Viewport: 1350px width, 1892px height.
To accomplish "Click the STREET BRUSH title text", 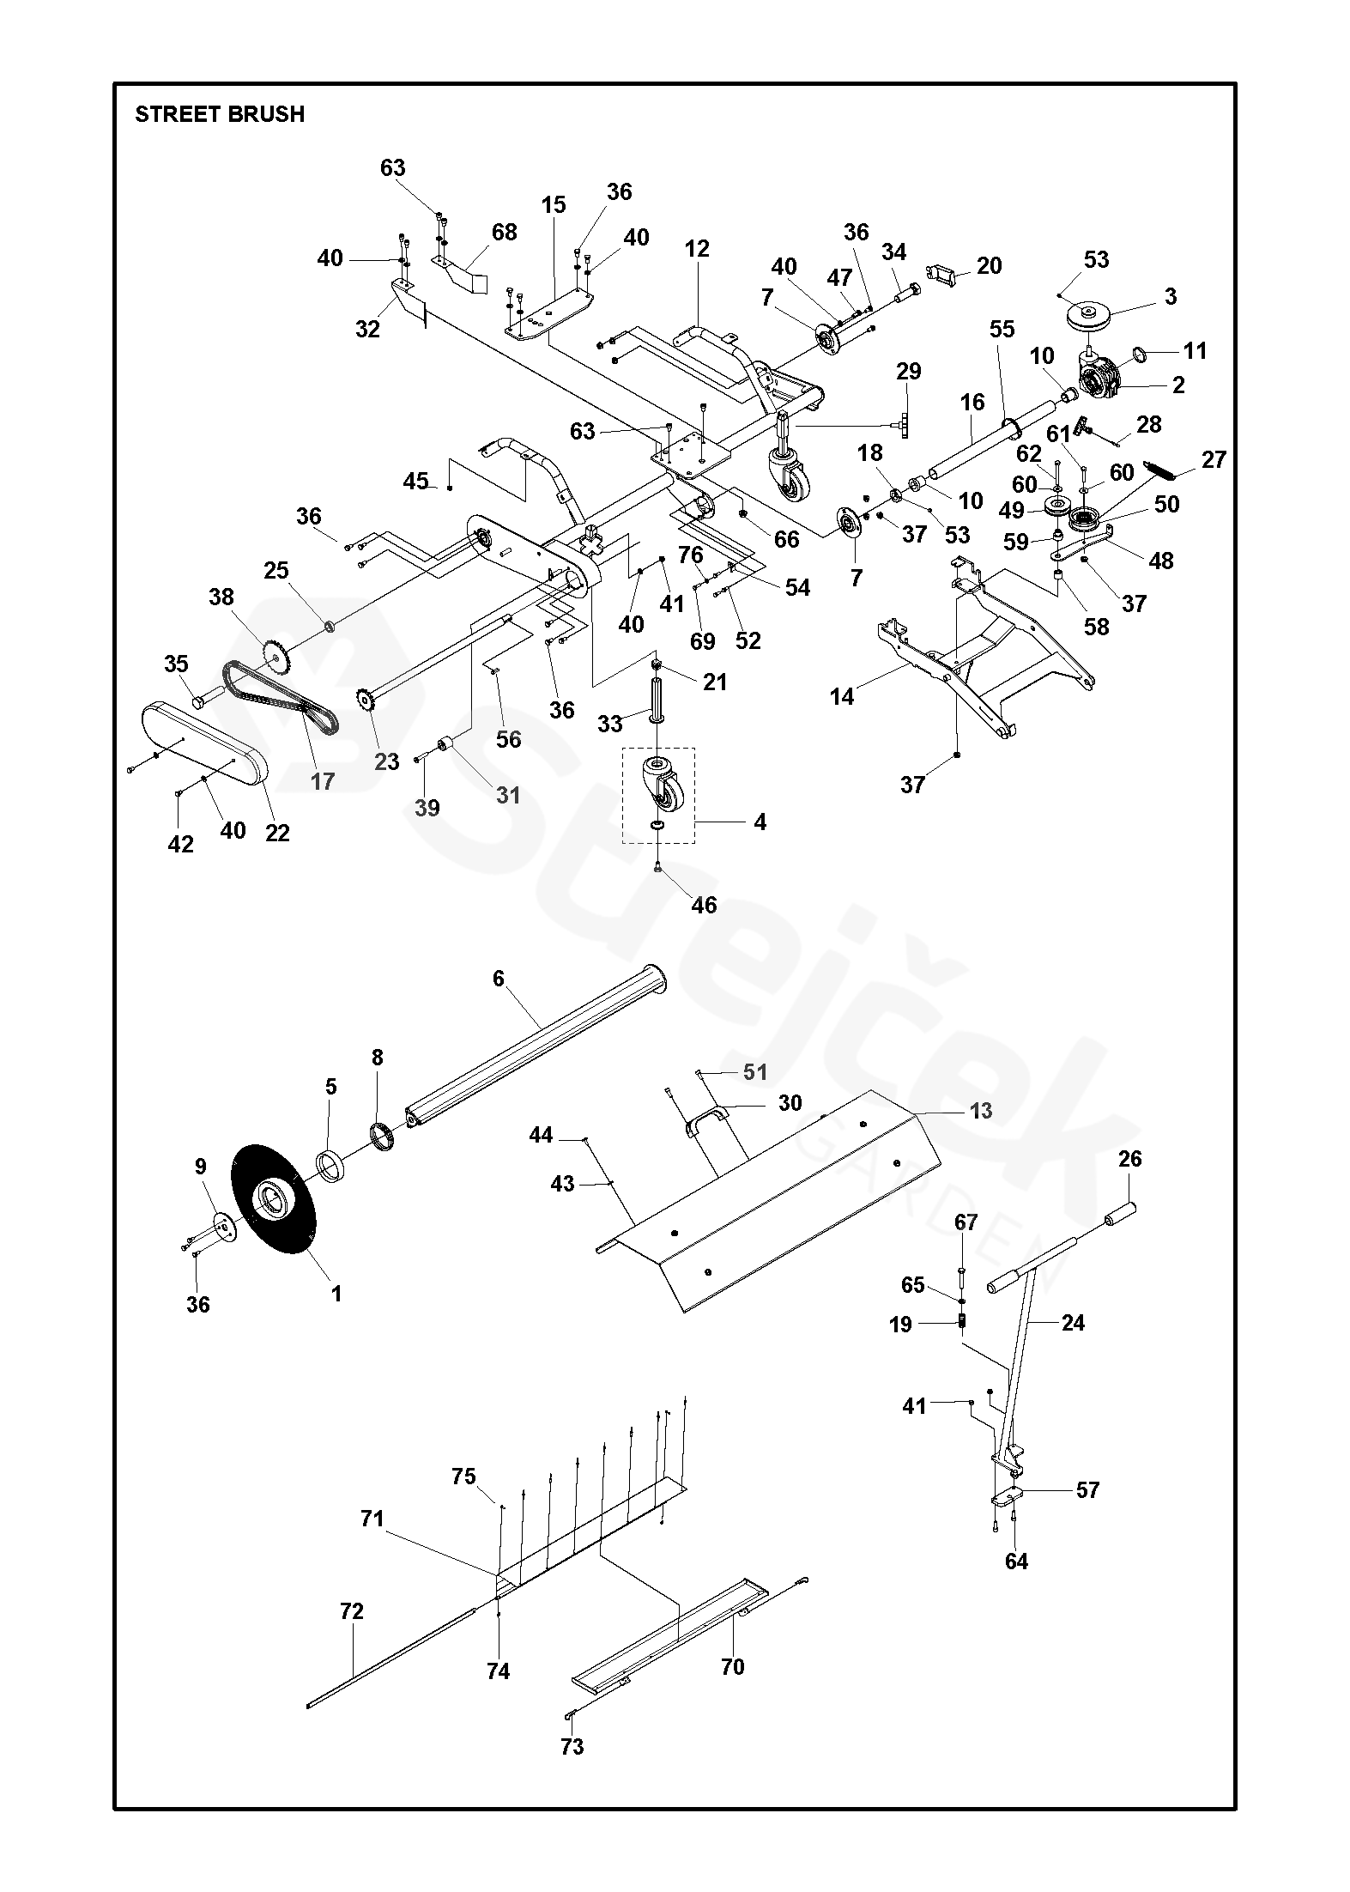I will pos(220,114).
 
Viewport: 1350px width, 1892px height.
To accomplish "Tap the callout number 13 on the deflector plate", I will pos(980,1111).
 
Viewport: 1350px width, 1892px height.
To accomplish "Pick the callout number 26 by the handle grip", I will pos(1130,1159).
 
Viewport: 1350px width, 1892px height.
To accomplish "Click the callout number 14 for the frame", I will pos(842,696).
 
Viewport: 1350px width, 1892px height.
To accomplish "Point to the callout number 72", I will pos(352,1611).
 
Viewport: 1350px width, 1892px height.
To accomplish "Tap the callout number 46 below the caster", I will pos(704,905).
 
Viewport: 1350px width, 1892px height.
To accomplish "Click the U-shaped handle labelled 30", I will pos(705,1119).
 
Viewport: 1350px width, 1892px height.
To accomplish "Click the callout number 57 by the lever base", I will pos(1087,1489).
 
